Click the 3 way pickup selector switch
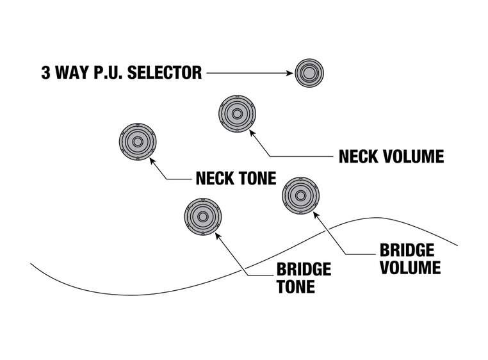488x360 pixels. [309, 73]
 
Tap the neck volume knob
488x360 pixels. [237, 114]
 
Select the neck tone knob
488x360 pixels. [138, 141]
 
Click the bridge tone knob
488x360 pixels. [203, 217]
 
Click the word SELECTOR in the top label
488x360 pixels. [165, 73]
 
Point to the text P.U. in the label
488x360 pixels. [108, 73]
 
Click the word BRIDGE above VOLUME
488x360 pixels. [407, 250]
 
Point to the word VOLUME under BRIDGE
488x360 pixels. [411, 266]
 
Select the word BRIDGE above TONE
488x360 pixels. [304, 269]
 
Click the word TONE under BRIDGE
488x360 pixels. [296, 286]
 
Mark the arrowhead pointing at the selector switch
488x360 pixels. [289, 73]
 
